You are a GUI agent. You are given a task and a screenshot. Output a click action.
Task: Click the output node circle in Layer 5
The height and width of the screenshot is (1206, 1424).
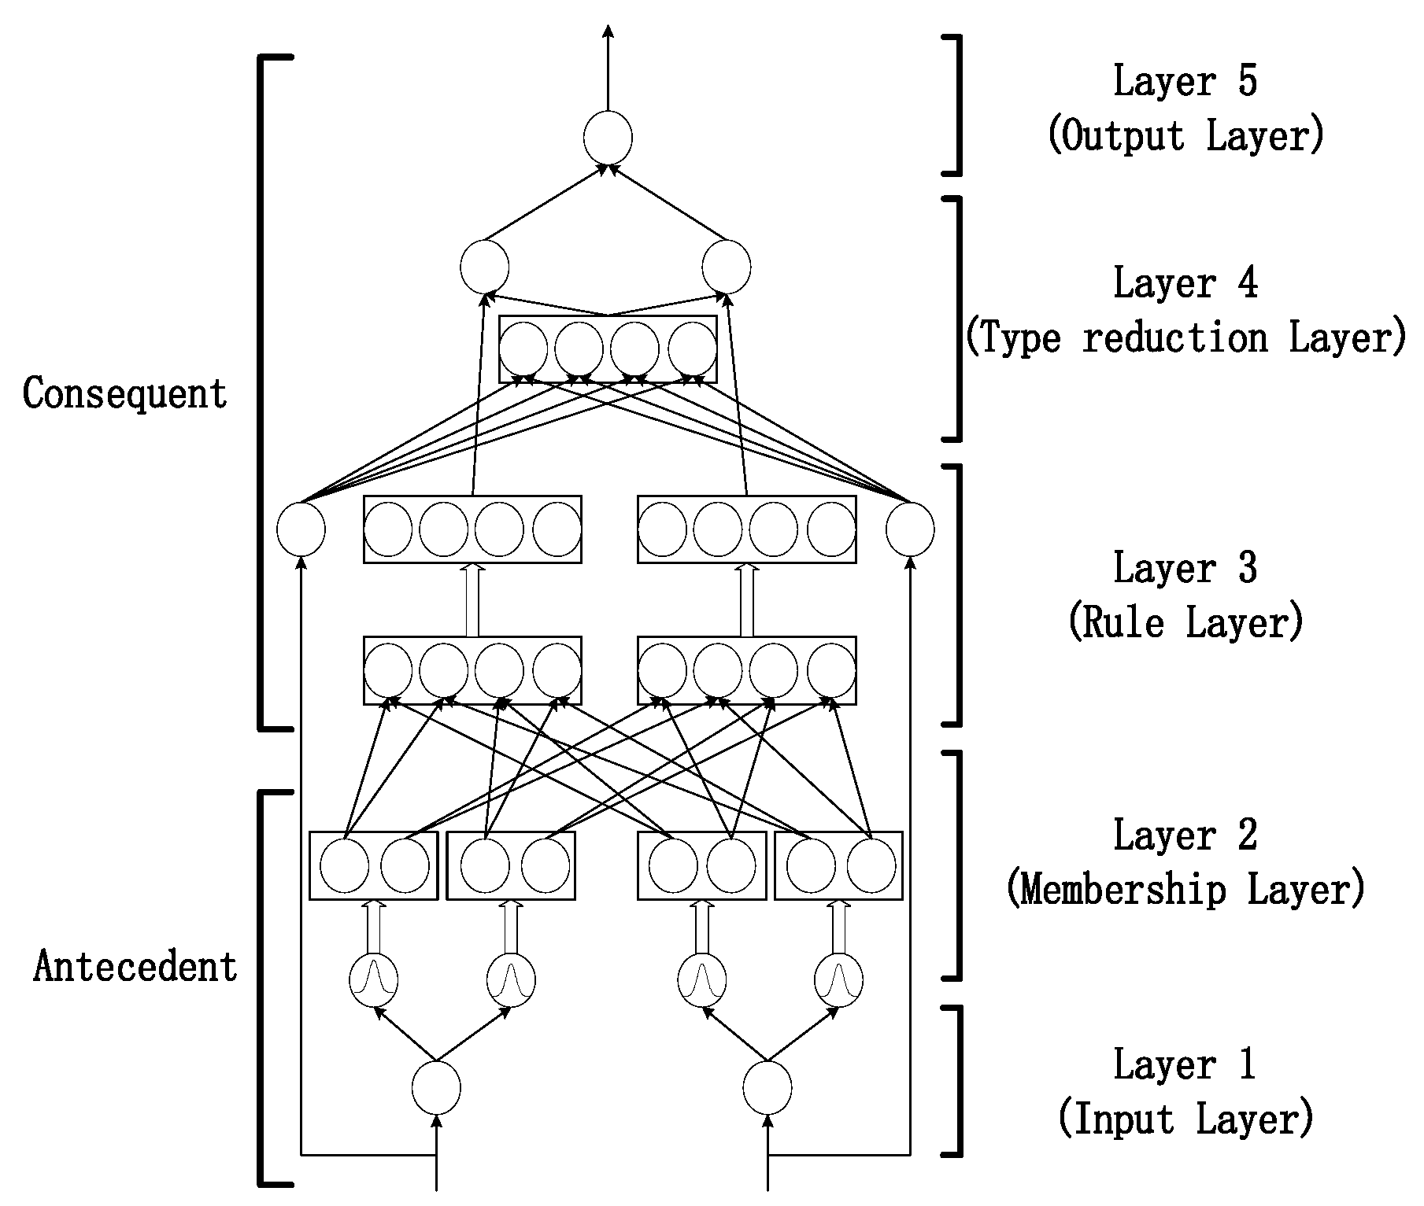(608, 138)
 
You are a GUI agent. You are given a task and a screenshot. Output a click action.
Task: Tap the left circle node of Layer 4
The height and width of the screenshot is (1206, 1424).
(484, 267)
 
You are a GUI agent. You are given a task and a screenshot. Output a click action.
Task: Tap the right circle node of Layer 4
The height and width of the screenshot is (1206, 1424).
(727, 267)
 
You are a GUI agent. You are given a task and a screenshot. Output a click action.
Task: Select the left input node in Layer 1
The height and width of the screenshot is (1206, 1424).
(436, 1088)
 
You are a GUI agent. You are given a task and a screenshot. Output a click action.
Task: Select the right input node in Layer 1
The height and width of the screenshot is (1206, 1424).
(767, 1088)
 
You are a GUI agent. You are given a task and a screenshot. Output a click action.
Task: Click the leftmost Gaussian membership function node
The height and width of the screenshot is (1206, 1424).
(373, 980)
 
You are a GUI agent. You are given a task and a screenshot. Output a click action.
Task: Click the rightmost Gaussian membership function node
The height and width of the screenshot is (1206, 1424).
(838, 980)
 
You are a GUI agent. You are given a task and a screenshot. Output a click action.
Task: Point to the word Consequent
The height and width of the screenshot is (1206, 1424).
(125, 393)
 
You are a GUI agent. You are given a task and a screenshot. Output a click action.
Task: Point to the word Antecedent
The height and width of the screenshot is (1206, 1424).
(135, 966)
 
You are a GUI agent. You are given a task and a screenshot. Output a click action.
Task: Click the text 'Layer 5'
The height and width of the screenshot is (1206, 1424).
(1185, 82)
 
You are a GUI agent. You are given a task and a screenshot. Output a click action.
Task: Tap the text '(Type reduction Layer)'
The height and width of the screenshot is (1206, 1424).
(1185, 338)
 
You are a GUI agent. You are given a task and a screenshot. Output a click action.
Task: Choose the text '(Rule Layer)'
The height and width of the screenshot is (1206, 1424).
(1185, 623)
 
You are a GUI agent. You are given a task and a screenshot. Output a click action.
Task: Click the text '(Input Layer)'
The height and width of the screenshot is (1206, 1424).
(1185, 1119)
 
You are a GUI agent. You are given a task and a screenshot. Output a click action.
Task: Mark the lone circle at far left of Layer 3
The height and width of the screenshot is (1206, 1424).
(301, 529)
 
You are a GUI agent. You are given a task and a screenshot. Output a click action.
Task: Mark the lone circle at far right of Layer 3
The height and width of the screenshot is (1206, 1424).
(910, 529)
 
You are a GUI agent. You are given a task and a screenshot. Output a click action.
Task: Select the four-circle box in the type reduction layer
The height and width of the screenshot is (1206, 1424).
(608, 349)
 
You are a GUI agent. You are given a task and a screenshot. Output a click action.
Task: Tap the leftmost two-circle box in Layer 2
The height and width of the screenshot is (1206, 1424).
(373, 865)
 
